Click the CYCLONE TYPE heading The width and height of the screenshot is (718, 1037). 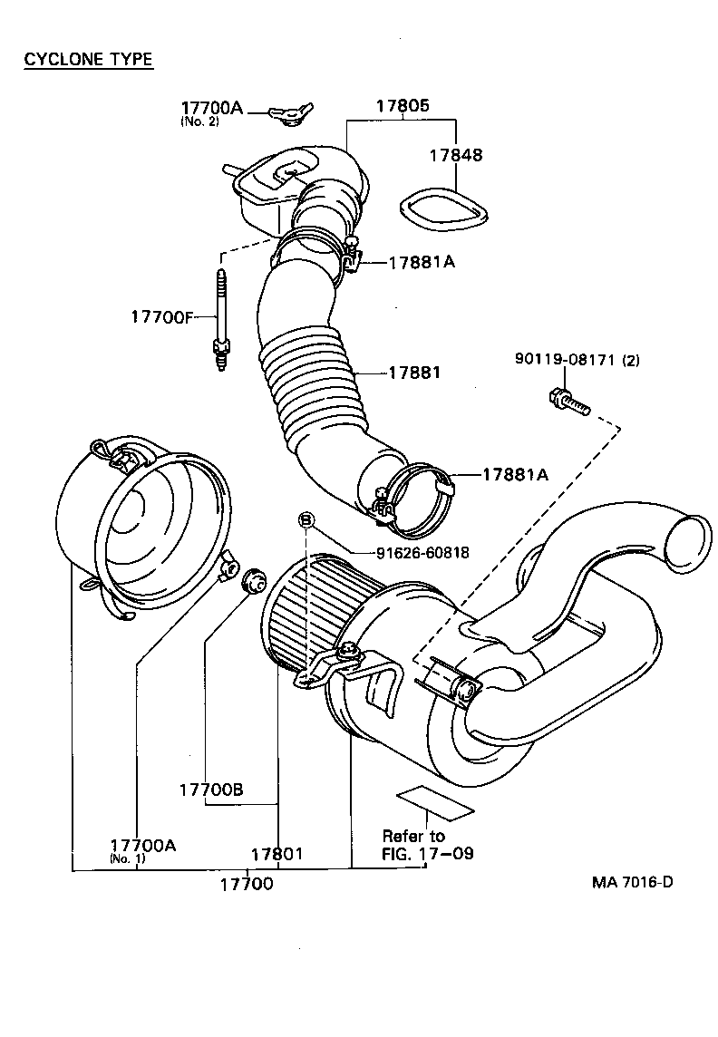[x=88, y=60]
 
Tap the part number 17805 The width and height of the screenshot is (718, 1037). [x=403, y=105]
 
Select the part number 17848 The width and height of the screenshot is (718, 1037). [x=456, y=155]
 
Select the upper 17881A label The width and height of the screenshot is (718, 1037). [x=422, y=263]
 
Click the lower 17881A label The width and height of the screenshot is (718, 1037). [x=514, y=474]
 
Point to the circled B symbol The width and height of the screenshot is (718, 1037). [x=306, y=519]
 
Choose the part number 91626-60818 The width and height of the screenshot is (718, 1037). [x=422, y=552]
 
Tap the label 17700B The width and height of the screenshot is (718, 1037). [x=210, y=789]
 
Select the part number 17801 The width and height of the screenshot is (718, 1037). [x=277, y=854]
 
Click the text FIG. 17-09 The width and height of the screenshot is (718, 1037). [x=427, y=853]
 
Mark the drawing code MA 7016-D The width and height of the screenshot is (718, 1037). [x=633, y=882]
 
